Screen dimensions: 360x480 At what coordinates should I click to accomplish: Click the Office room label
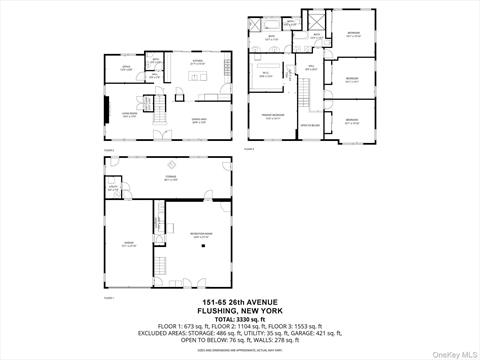127,69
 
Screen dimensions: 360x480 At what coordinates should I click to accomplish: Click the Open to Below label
310,126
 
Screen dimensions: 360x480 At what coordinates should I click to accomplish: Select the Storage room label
171,179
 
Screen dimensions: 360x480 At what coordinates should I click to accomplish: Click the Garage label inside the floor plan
128,243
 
